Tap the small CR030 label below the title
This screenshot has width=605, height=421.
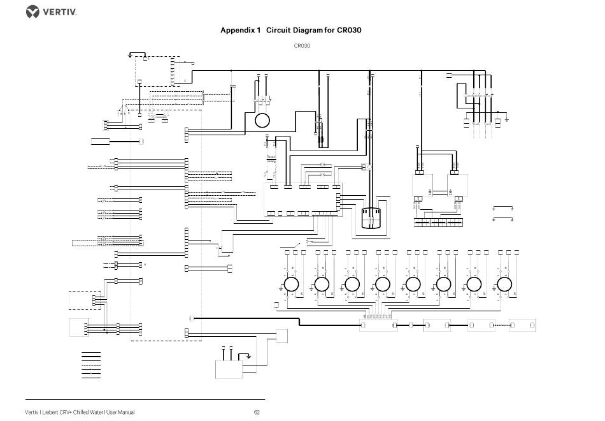[x=302, y=46]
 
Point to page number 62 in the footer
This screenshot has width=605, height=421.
[x=257, y=412]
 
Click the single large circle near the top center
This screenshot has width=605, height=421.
[x=262, y=120]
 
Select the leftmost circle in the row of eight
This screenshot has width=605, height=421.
[x=291, y=284]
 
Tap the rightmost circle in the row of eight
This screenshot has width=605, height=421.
[x=504, y=284]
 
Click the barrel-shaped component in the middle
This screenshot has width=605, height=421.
[x=370, y=217]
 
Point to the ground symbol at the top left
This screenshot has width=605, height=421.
[x=130, y=55]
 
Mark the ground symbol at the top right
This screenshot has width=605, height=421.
[x=506, y=118]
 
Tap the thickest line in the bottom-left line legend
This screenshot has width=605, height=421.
[x=91, y=352]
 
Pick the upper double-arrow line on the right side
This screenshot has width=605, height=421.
[x=503, y=208]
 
